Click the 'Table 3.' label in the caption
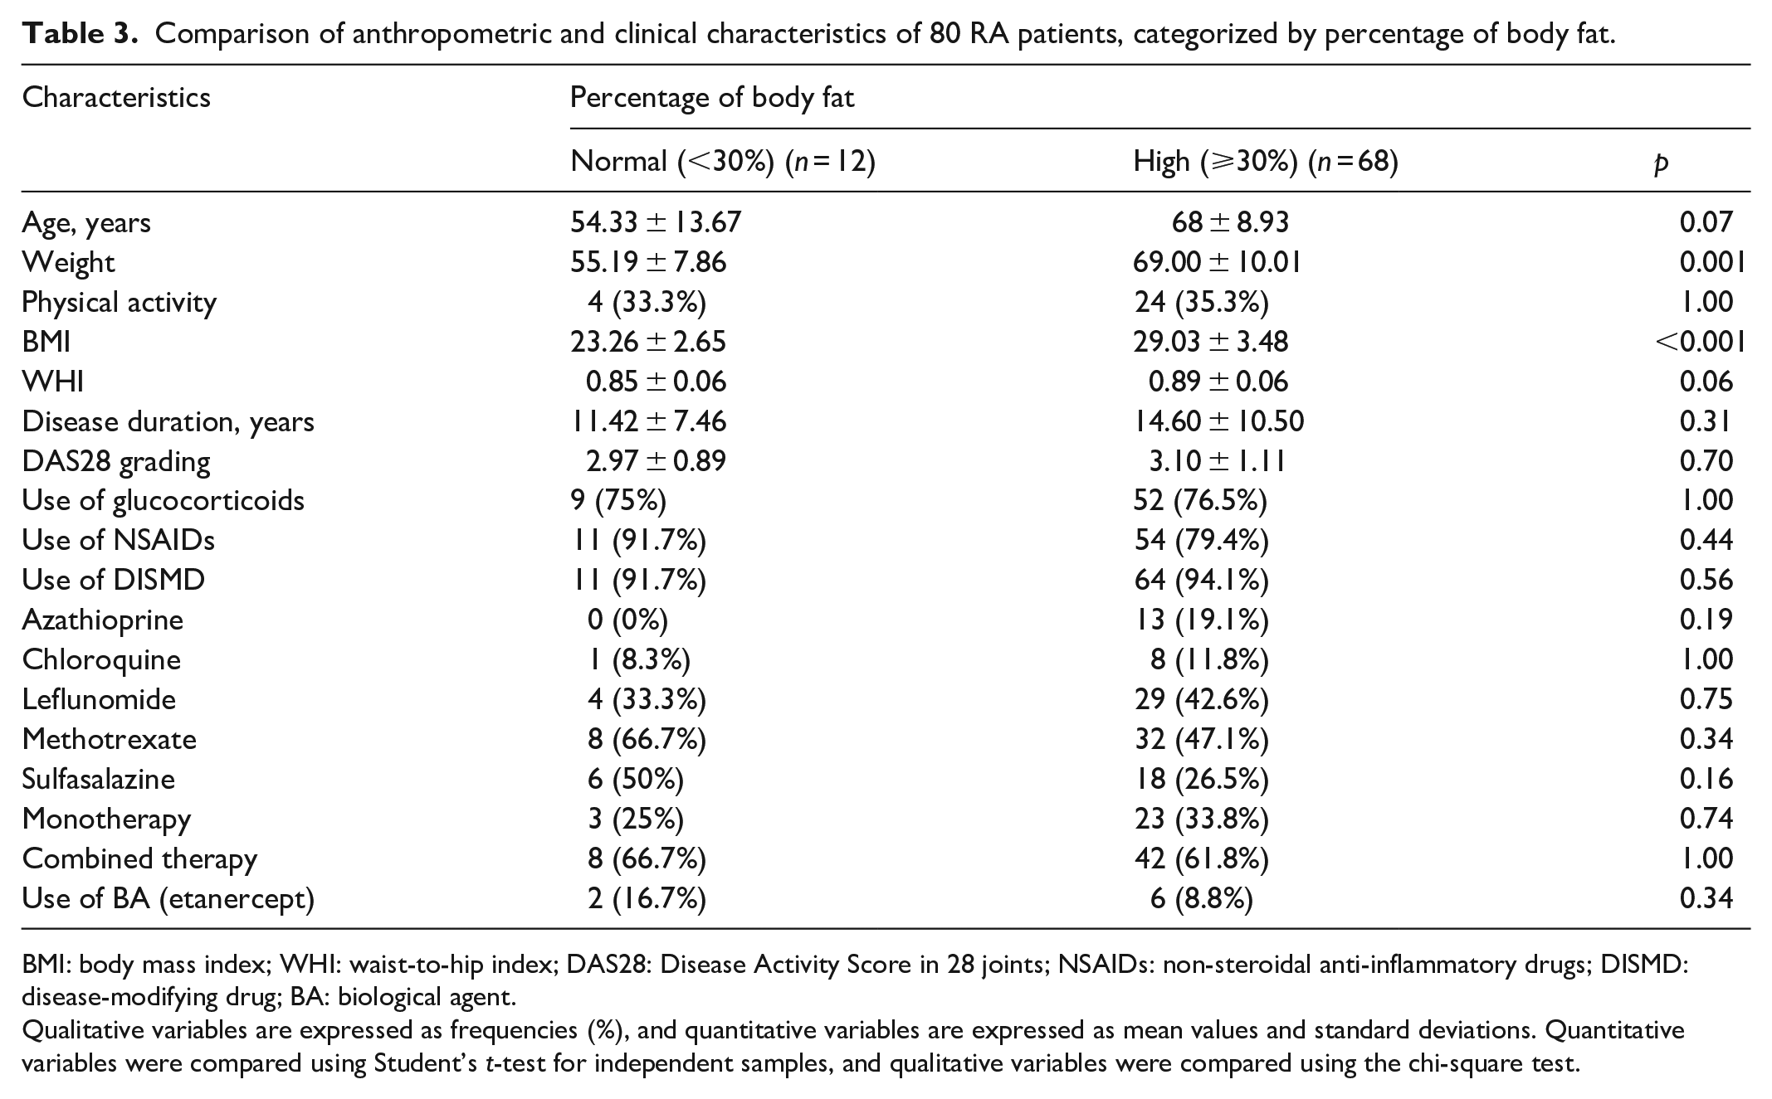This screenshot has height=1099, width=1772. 80,34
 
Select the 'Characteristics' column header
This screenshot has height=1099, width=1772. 116,98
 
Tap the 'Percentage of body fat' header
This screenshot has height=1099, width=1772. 712,98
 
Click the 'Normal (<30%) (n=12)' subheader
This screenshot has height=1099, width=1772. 723,161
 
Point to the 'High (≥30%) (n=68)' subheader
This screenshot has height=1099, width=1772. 1266,161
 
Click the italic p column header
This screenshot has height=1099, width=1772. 1660,163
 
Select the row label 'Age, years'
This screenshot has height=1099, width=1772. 86,223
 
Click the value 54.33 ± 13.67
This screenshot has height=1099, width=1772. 656,221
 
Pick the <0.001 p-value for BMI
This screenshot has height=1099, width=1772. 1699,341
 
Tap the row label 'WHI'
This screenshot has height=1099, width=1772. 52,381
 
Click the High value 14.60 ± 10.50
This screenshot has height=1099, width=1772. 1218,421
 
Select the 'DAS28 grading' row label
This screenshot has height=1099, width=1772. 116,462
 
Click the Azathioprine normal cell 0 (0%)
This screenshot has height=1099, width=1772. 627,620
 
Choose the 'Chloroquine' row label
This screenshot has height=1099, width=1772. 101,660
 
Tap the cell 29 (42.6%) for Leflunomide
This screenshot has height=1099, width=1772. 1201,699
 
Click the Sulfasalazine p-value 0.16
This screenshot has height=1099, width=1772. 1706,779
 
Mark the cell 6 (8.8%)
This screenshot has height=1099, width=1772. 1201,898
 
